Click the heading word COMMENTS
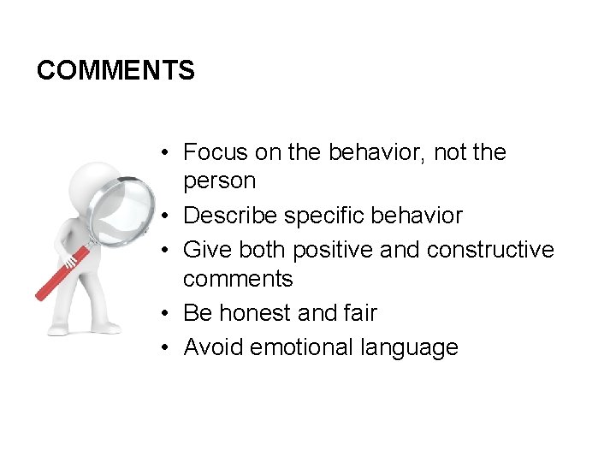tap(115, 70)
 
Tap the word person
tap(219, 181)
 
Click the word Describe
tap(230, 216)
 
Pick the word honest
tap(255, 313)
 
